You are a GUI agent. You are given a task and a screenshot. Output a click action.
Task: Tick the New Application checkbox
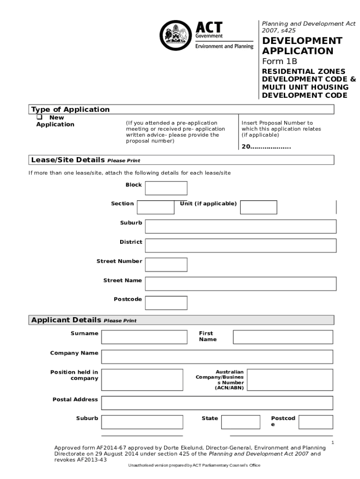coord(40,117)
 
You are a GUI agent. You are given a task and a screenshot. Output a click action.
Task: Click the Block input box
coord(166,188)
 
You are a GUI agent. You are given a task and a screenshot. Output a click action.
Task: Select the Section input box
coord(155,207)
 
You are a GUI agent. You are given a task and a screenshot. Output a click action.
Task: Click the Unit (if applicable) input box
coord(259,207)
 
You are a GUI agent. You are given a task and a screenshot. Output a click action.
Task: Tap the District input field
coord(240,246)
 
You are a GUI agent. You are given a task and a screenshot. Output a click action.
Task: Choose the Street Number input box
coord(166,265)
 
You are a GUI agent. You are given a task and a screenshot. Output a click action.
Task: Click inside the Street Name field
coord(240,284)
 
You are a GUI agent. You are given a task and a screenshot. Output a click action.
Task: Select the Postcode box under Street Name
coord(166,303)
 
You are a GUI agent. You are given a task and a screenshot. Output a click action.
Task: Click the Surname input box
coord(142,337)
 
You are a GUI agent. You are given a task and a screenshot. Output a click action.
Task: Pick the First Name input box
coord(283,337)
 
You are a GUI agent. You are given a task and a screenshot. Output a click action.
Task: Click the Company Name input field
coord(217,356)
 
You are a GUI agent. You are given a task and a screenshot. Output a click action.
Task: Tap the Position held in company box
coord(142,379)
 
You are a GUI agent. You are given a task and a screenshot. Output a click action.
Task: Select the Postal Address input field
coord(217,403)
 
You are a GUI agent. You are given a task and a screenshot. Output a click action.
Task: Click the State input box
coord(240,422)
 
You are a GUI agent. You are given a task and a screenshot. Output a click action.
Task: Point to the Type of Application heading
coord(70,109)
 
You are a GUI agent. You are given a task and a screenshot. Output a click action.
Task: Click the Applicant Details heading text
coord(66,320)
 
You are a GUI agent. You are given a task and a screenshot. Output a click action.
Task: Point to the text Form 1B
coord(279,61)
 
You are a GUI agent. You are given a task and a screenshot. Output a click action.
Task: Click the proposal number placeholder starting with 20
coord(266,147)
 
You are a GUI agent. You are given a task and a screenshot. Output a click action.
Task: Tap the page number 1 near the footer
coord(332,443)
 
